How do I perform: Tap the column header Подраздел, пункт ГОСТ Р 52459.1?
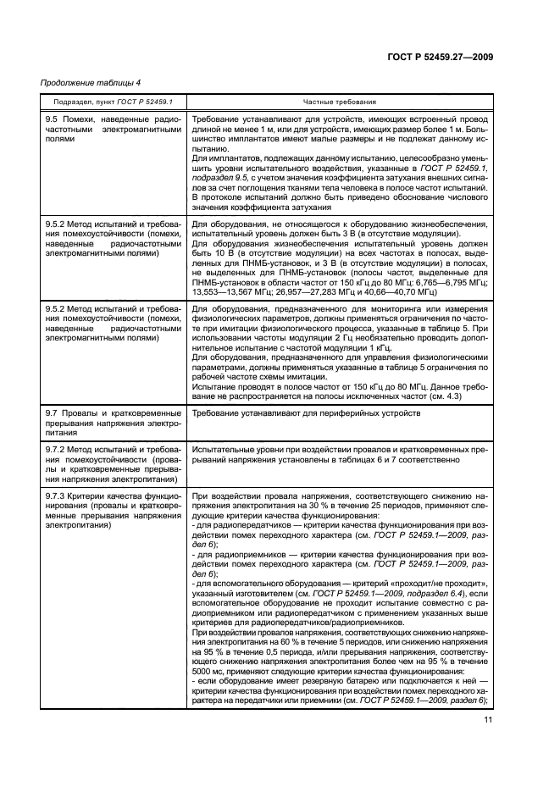(x=106, y=102)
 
